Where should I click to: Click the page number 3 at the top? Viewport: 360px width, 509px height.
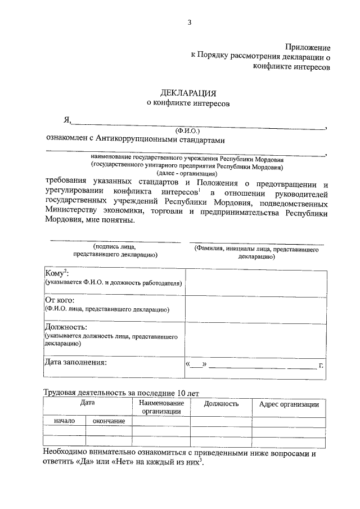click(x=190, y=22)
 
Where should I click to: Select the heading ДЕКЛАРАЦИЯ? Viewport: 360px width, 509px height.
click(x=188, y=93)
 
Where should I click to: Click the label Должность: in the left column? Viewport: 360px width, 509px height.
click(x=67, y=327)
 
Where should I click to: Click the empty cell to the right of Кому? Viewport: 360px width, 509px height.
click(x=255, y=282)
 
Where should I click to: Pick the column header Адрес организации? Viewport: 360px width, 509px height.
click(x=289, y=404)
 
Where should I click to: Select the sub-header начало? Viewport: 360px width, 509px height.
click(x=65, y=421)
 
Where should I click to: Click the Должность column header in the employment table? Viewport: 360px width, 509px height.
click(x=221, y=404)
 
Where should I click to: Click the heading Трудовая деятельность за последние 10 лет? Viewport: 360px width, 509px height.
click(x=121, y=393)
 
